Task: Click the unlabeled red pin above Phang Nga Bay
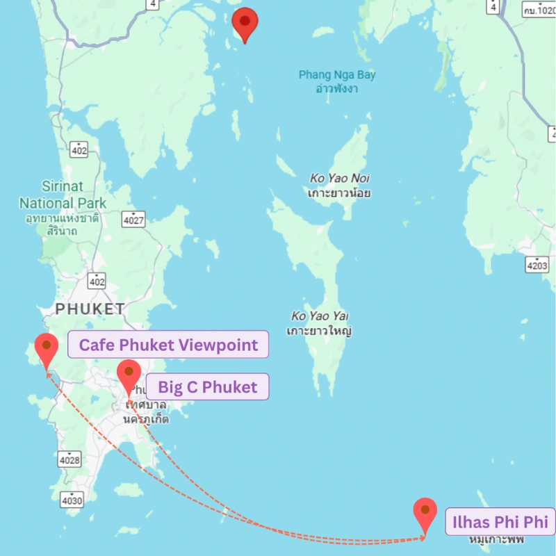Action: pyautogui.click(x=245, y=23)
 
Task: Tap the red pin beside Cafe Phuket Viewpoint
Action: pyautogui.click(x=46, y=350)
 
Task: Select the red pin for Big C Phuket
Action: pyautogui.click(x=129, y=376)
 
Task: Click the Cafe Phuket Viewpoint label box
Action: pyautogui.click(x=167, y=345)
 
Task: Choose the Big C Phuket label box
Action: pyautogui.click(x=207, y=386)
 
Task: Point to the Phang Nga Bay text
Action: pyautogui.click(x=337, y=75)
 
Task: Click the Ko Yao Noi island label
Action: pyautogui.click(x=340, y=179)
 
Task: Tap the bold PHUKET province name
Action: pyautogui.click(x=90, y=309)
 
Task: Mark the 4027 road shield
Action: pyautogui.click(x=133, y=220)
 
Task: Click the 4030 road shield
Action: pyautogui.click(x=72, y=500)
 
